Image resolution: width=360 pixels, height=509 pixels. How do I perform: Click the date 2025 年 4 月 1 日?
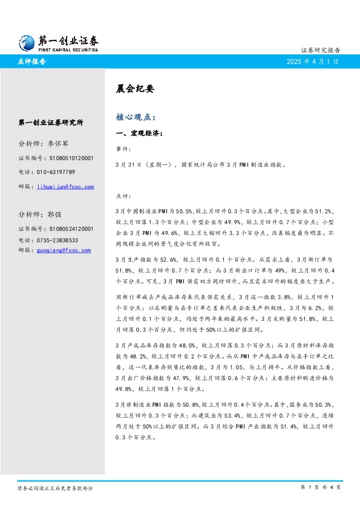click(x=312, y=62)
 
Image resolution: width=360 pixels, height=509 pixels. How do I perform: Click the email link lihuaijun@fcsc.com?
click(x=66, y=187)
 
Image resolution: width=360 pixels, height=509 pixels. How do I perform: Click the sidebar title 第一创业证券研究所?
click(x=51, y=123)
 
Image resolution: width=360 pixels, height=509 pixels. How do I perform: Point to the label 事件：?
click(x=122, y=149)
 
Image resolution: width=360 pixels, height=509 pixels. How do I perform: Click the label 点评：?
click(x=122, y=196)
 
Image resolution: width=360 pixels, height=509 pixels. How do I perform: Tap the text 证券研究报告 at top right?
click(x=320, y=50)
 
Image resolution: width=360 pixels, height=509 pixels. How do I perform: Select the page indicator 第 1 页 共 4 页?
click(x=321, y=487)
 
